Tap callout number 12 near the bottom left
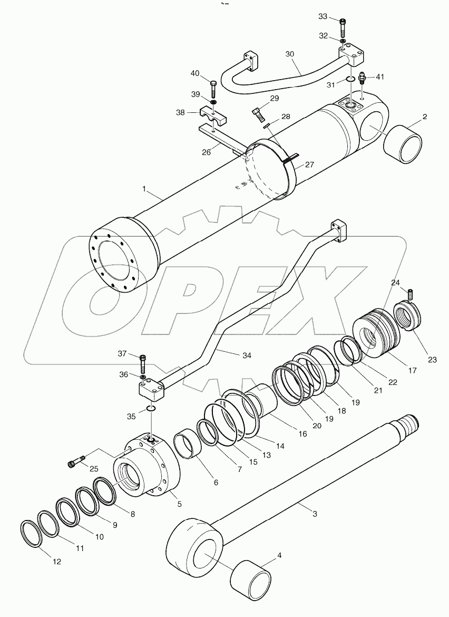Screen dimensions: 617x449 [x=57, y=562]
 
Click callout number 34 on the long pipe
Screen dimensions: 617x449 [x=246, y=355]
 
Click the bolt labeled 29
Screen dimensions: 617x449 [x=257, y=113]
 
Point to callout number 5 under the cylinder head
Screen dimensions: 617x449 [x=179, y=504]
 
